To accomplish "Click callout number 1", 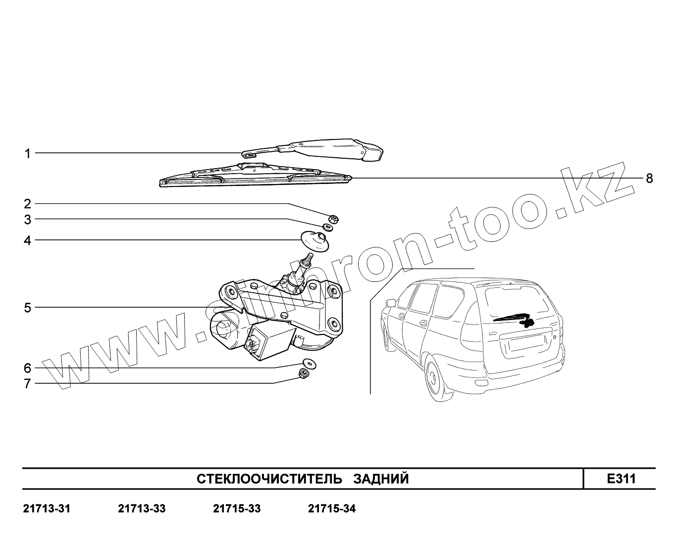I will [x=28, y=153].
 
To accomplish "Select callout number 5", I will [x=28, y=308].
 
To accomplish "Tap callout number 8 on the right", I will [x=649, y=178].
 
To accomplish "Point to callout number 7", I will [x=28, y=383].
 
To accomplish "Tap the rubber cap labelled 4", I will [x=315, y=241].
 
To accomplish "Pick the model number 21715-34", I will [x=331, y=508].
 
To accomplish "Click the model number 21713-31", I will [x=47, y=508].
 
